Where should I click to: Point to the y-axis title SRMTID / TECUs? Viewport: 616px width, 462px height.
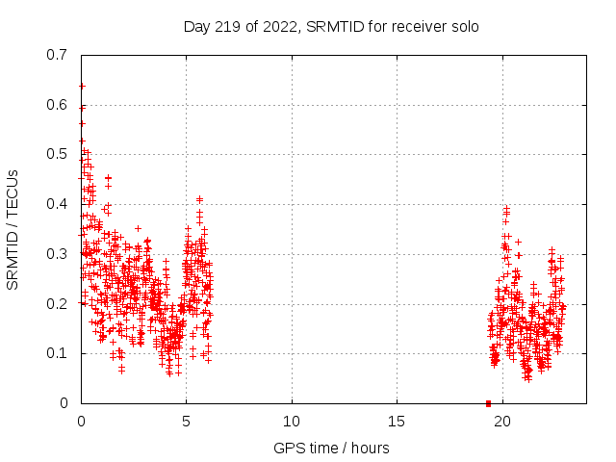coord(13,229)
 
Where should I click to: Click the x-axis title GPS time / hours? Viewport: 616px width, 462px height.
coord(331,448)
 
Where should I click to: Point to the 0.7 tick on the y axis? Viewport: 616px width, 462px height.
coord(57,55)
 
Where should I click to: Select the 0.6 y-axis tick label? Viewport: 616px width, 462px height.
coord(57,105)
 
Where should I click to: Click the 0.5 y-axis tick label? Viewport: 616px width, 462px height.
coord(57,154)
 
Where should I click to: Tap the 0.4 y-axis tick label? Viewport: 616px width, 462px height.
coord(57,204)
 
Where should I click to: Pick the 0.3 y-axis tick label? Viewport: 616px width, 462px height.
coord(57,254)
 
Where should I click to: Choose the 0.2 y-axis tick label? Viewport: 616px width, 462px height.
coord(57,304)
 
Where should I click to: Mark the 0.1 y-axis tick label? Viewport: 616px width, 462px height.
coord(57,353)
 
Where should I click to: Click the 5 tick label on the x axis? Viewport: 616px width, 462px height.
coord(187,421)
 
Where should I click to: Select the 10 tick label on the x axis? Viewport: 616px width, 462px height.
coord(292,421)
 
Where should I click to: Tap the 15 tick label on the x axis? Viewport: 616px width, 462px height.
coord(397,421)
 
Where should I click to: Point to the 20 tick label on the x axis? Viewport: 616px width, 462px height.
coord(501,421)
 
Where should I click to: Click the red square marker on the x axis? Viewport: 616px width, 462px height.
coord(488,403)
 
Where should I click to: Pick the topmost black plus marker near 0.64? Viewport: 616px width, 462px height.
coord(82,86)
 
